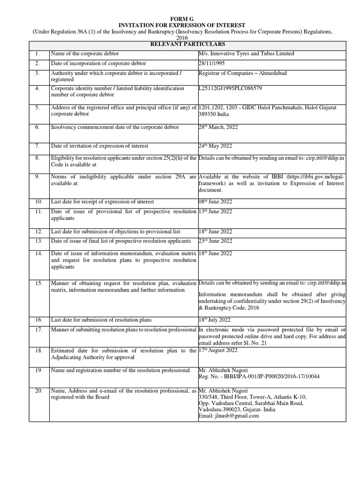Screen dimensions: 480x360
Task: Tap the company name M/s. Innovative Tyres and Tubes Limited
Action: pyautogui.click(x=247, y=54)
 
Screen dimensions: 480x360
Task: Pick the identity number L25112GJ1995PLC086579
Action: pyautogui.click(x=230, y=88)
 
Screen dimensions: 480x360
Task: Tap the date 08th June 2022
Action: pyautogui.click(x=216, y=202)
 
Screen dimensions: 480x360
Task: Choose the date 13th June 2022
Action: pyautogui.click(x=216, y=211)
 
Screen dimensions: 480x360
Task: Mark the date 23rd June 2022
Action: pyautogui.click(x=216, y=241)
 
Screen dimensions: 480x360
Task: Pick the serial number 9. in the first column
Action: pyautogui.click(x=38, y=177)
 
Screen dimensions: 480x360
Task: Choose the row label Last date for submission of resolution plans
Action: pyautogui.click(x=101, y=320)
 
